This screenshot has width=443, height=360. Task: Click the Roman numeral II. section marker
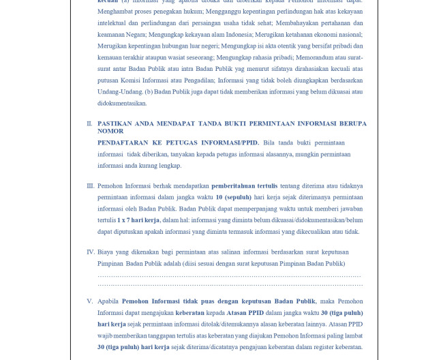coord(89,124)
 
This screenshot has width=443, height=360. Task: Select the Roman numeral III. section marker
coord(90,185)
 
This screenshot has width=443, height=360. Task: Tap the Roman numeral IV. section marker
coord(90,252)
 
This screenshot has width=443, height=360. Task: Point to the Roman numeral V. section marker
coord(89,301)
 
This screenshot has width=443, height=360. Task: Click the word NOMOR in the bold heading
coord(110,131)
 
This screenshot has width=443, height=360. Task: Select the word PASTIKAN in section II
coord(115,123)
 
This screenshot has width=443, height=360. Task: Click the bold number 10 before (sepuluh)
coord(219,197)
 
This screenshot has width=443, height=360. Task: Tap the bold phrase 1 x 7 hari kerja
coord(138,220)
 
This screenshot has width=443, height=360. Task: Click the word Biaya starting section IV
coord(106,252)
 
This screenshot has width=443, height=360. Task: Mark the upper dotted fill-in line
coord(230,275)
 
